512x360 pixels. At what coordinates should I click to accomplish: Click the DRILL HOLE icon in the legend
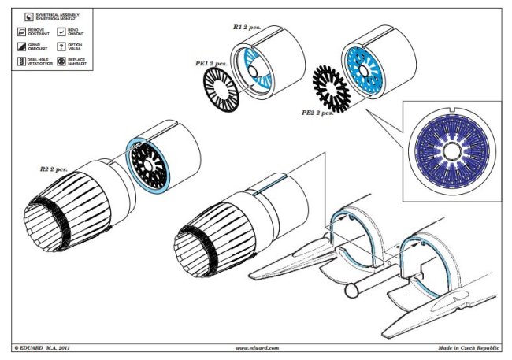click(x=22, y=61)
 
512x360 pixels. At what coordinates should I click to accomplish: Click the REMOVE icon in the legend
click(x=22, y=31)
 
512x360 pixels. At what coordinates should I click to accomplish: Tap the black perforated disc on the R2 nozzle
click(x=147, y=166)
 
